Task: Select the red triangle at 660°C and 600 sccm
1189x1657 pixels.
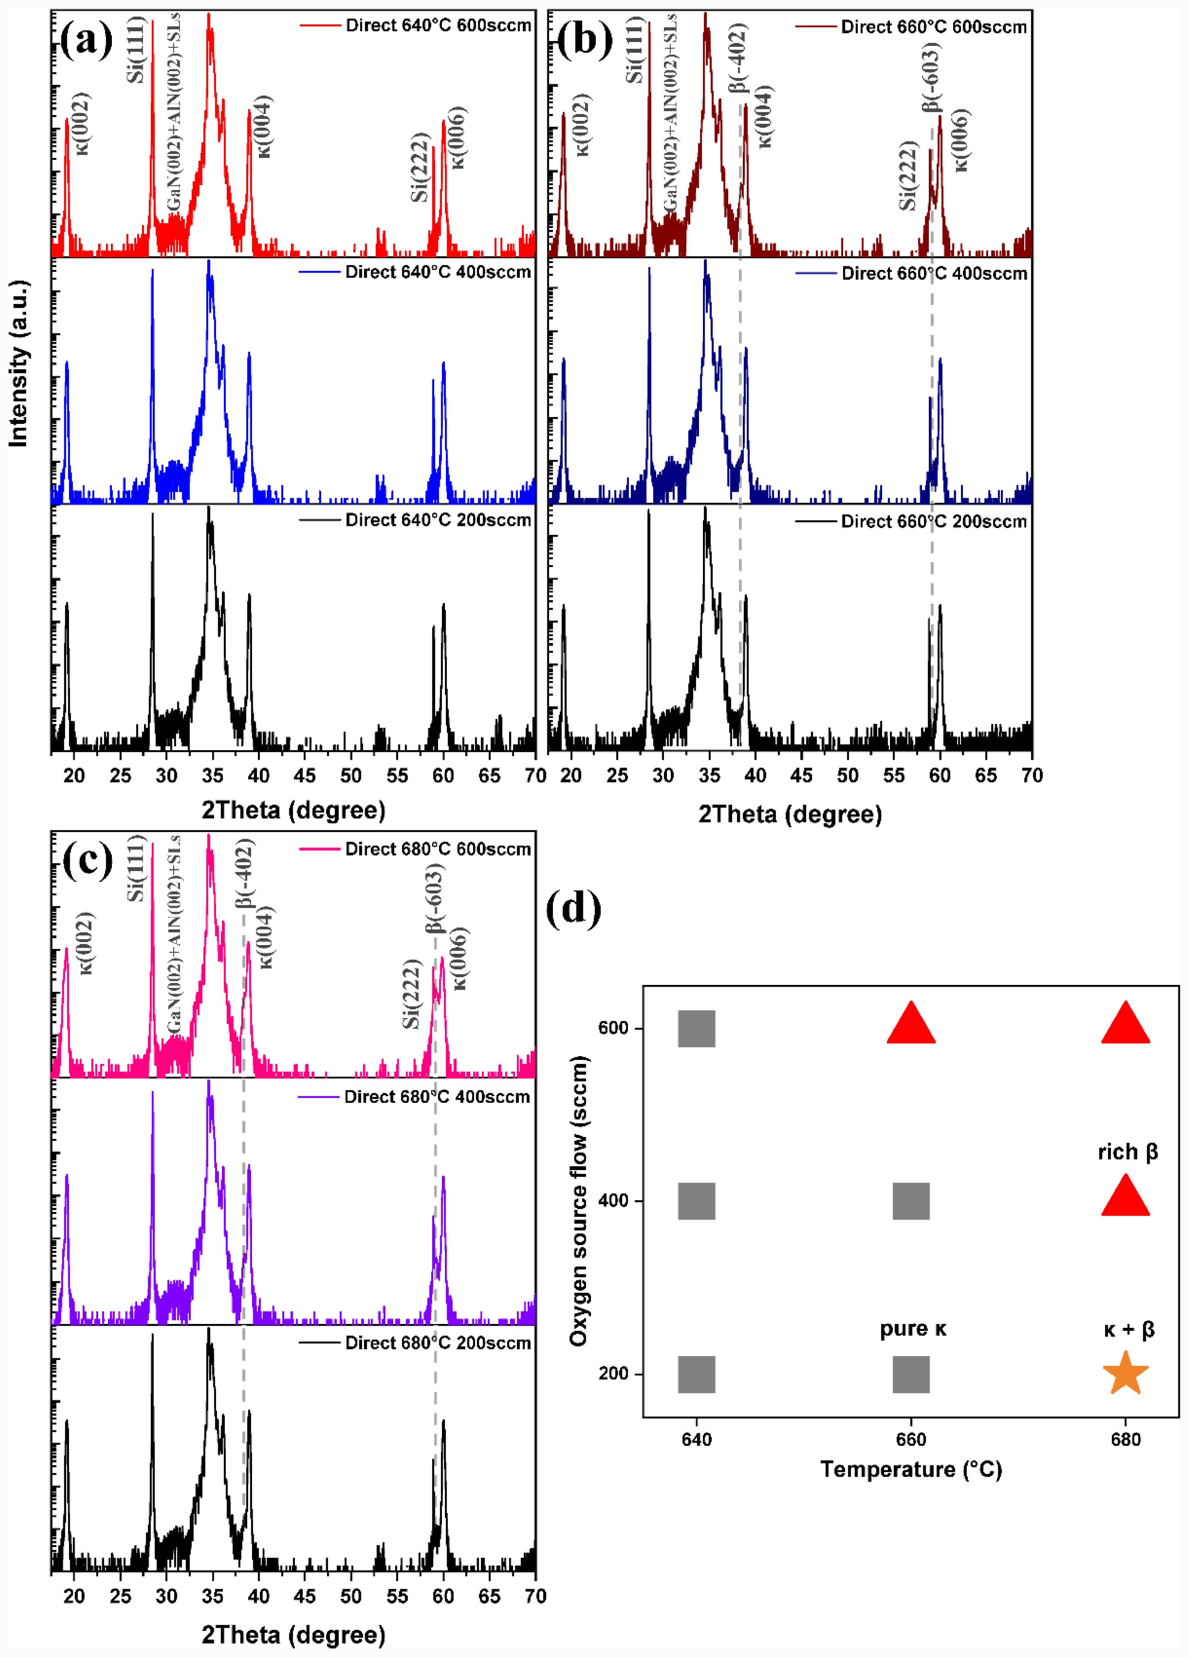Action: (x=910, y=1024)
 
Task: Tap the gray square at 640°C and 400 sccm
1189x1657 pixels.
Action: (x=696, y=1201)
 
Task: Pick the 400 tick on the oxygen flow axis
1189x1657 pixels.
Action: (x=613, y=1201)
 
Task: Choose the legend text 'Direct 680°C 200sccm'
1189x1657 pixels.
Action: (x=438, y=1343)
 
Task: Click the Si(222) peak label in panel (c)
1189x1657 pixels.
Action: (x=412, y=994)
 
